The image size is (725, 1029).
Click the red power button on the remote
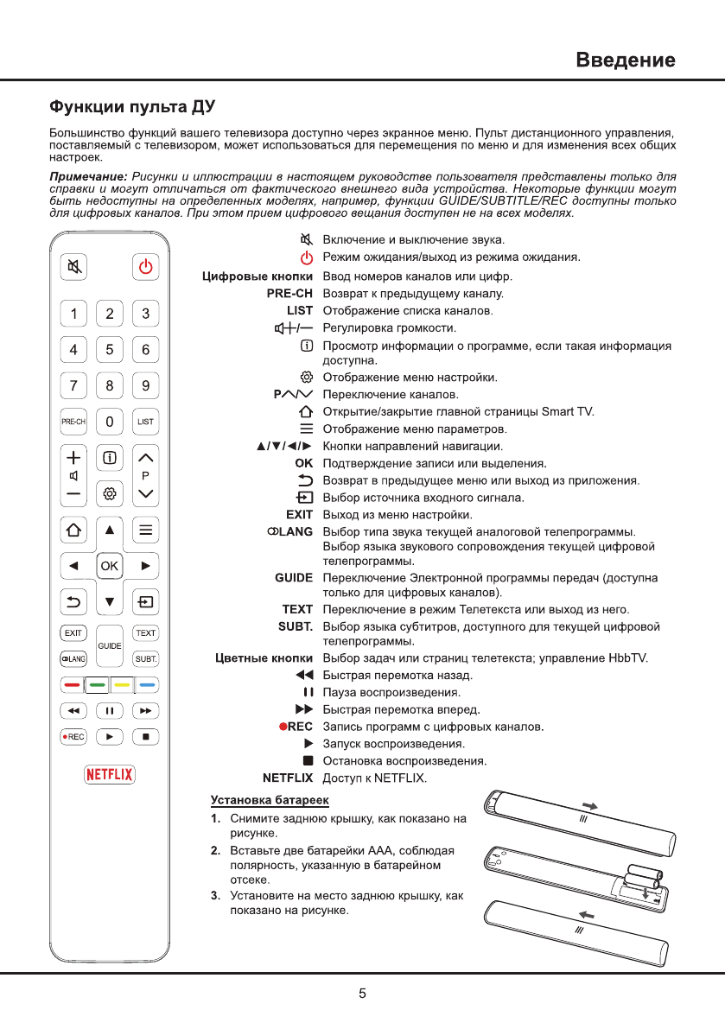[146, 267]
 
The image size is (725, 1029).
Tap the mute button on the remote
[73, 267]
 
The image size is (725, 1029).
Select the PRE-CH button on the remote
[73, 422]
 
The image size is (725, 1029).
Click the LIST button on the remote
[146, 422]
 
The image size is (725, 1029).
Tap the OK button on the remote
[110, 566]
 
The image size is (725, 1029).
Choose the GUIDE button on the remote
[110, 645]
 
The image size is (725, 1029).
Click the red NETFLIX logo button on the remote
[110, 774]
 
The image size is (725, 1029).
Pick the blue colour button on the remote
[146, 684]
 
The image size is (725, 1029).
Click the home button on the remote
[73, 530]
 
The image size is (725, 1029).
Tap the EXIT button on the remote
[73, 632]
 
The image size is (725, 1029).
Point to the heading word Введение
[626, 60]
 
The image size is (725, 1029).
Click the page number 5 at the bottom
[363, 994]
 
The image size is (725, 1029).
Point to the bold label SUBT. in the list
[295, 626]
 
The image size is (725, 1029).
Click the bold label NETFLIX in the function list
[288, 778]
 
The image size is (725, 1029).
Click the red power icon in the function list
[305, 257]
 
